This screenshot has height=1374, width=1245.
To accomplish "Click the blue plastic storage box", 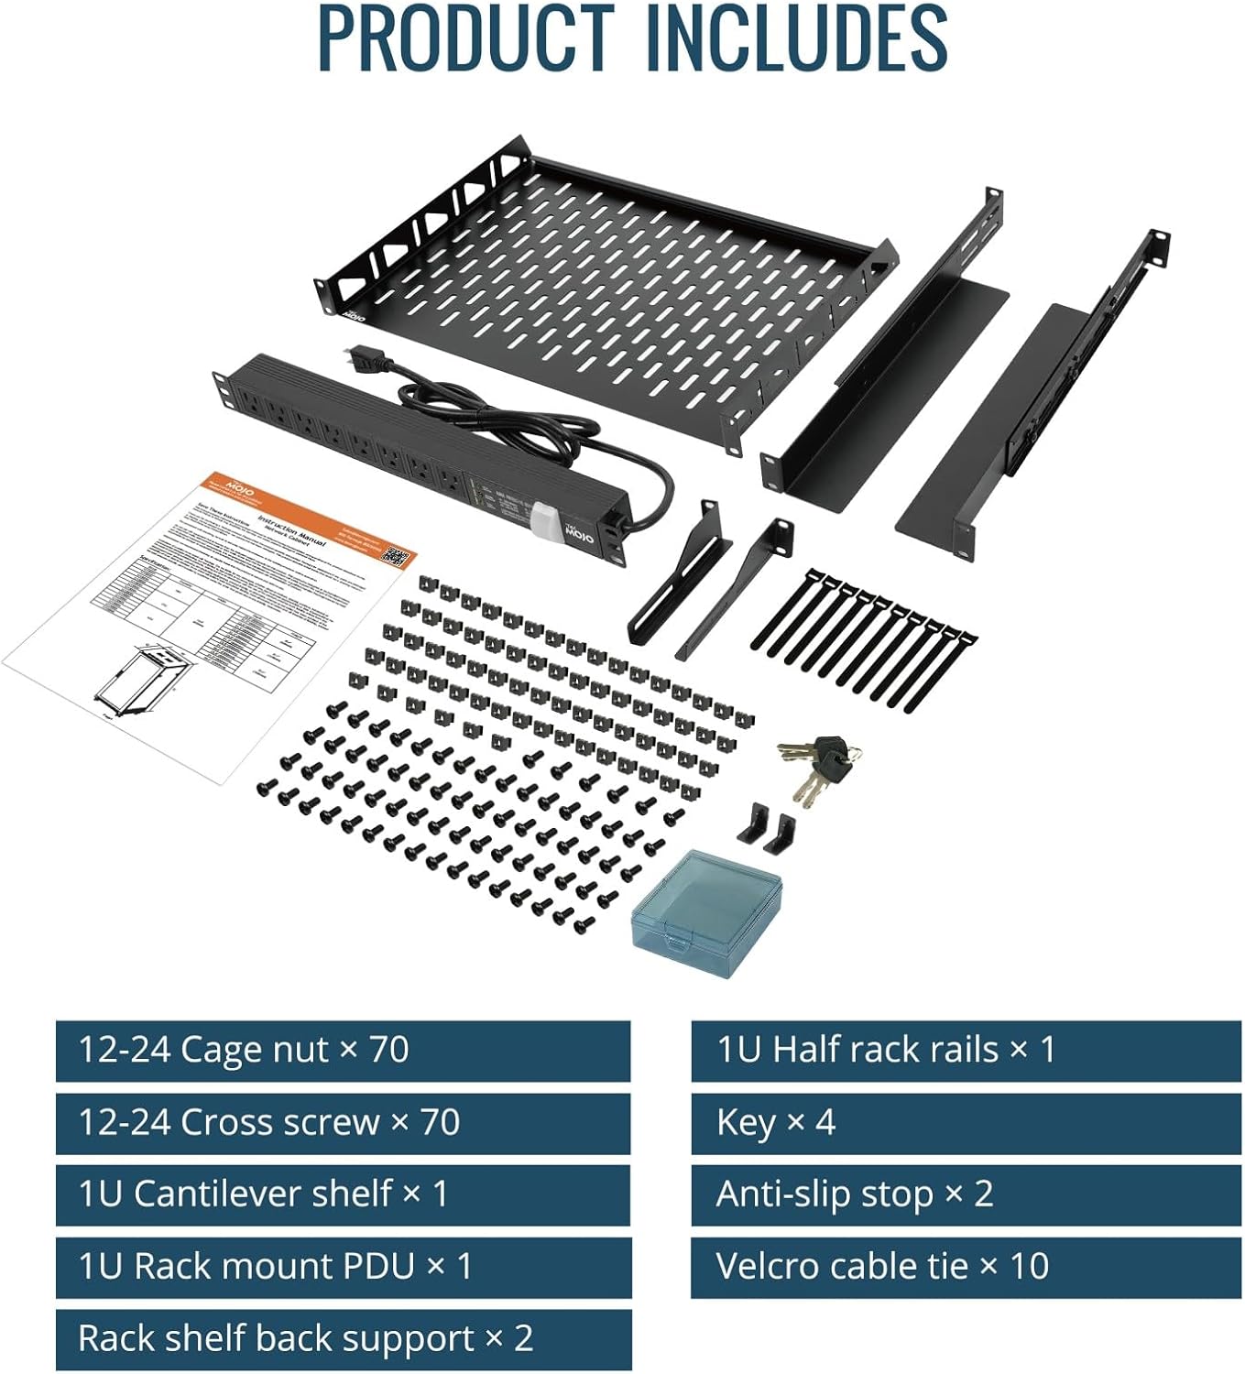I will click(707, 912).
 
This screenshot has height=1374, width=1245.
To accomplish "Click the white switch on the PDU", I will click(544, 520).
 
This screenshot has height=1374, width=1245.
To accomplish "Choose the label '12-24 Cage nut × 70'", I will click(343, 1050).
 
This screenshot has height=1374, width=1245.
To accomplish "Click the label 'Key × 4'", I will click(966, 1122).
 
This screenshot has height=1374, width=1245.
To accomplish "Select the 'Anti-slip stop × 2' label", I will click(966, 1194).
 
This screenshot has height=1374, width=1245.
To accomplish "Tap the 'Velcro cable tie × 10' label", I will click(966, 1266).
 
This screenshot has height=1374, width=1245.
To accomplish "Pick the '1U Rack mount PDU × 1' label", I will click(343, 1266).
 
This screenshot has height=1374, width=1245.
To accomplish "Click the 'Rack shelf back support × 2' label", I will click(343, 1338).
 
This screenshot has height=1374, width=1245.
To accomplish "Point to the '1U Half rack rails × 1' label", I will click(966, 1050).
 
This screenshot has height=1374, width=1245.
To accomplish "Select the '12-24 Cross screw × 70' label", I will click(343, 1122).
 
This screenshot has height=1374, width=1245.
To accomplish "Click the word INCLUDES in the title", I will click(796, 38).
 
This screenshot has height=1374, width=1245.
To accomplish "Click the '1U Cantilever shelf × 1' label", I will click(343, 1194).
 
